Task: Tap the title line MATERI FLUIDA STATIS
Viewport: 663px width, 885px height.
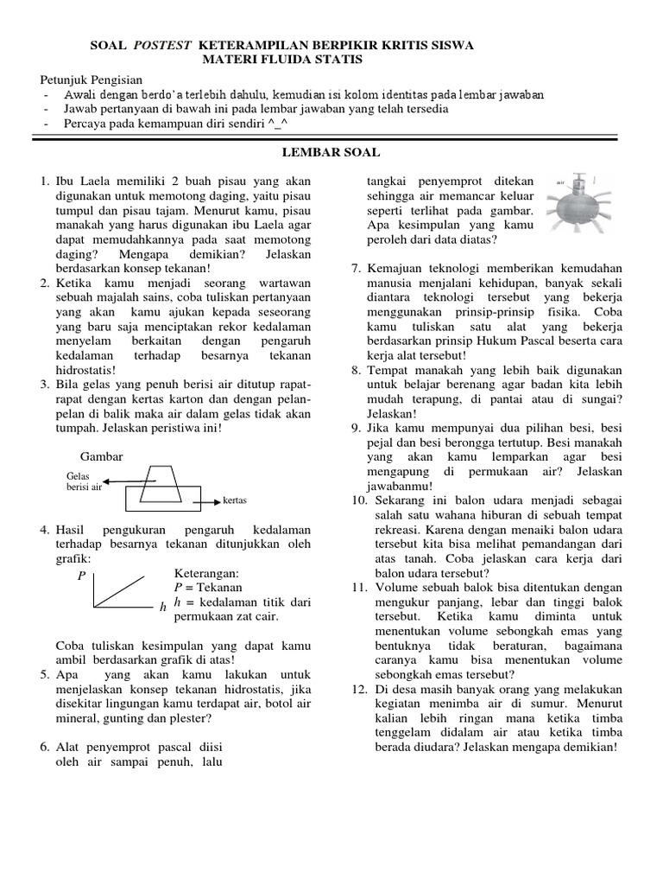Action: (x=282, y=59)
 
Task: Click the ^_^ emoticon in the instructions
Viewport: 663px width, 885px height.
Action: (x=281, y=123)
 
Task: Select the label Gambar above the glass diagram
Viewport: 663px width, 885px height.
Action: (x=102, y=455)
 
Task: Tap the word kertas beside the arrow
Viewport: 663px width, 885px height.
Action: (x=236, y=500)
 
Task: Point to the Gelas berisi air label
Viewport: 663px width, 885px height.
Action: (x=84, y=481)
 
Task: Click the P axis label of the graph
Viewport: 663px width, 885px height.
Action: (x=81, y=573)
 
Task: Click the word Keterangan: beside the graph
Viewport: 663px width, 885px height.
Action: (x=207, y=573)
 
